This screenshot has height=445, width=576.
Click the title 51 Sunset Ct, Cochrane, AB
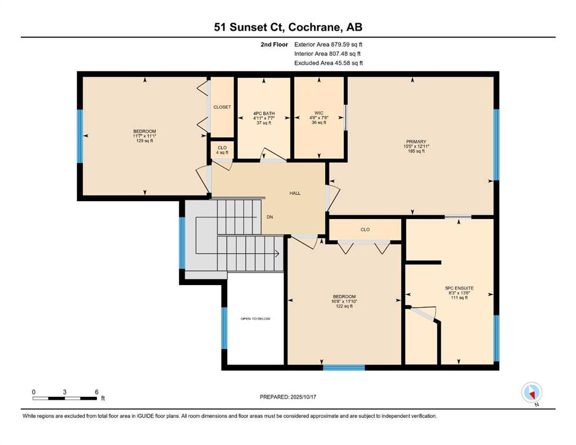tap(288, 27)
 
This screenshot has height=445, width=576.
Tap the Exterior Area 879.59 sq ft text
tap(328, 44)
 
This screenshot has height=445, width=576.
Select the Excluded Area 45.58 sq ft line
tap(328, 63)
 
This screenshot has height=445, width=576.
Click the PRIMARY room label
tap(416, 141)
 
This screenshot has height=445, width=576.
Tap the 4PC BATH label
tap(264, 113)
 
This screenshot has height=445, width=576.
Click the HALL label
tap(295, 193)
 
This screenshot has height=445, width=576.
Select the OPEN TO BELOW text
tap(255, 319)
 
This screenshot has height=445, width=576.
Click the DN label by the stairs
tap(270, 217)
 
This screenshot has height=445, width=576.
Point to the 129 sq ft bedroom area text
tap(144, 141)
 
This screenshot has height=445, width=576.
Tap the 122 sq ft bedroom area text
tap(344, 306)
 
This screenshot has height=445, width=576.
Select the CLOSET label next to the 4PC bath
tap(222, 107)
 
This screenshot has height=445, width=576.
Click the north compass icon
tap(531, 393)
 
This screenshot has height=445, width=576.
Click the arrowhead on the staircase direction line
tap(277, 253)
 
